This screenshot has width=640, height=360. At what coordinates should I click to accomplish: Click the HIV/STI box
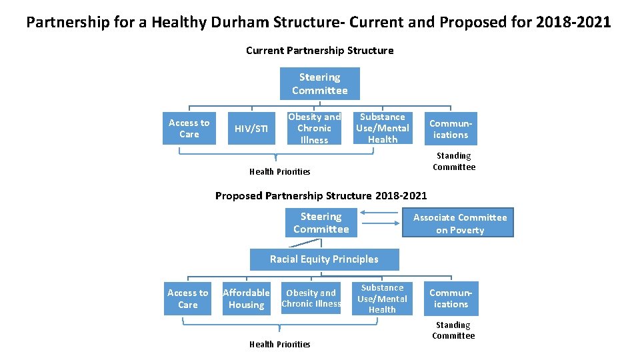252,129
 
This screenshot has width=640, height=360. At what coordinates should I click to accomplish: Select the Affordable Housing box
246,299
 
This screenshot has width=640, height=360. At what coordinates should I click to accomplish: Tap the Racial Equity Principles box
324,259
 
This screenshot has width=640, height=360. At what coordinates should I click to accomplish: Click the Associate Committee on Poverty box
459,223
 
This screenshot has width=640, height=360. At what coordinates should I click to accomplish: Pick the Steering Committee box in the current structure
319,84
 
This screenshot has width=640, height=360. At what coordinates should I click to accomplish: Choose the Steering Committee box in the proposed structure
321,223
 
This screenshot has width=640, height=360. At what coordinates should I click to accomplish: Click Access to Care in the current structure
189,128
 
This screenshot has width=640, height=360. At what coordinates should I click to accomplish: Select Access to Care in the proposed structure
187,299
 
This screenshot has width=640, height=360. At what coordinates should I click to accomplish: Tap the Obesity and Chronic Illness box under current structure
314,128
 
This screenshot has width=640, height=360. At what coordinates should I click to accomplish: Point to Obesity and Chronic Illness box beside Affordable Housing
311,298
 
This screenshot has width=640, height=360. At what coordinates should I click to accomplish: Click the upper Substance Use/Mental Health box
383,128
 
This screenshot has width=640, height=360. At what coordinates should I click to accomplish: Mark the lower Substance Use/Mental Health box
382,299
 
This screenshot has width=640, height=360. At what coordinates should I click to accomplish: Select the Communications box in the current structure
451,129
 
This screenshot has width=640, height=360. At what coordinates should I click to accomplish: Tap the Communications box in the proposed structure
451,299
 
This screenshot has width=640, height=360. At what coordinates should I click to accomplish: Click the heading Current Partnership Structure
319,51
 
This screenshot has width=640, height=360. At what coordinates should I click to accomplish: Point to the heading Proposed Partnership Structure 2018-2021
321,195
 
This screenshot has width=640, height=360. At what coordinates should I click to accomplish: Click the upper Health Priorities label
279,171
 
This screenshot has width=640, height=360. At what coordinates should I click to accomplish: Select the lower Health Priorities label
279,344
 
